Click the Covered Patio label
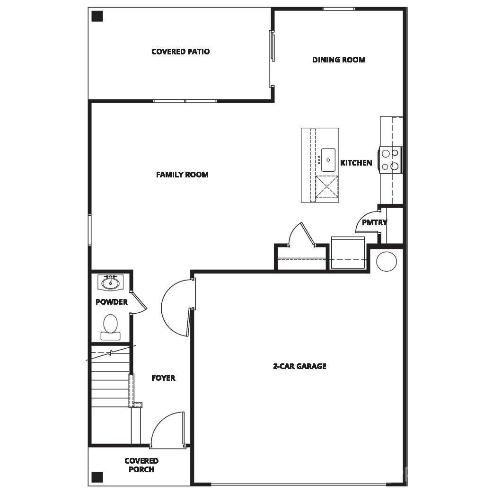point(180,52)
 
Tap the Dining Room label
point(339,60)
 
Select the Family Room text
point(182,175)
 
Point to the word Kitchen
point(356,163)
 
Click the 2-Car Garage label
point(299,366)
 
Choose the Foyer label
point(163,378)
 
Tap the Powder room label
point(112,302)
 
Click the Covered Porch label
point(141,465)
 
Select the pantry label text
point(374,222)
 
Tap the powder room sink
point(111,283)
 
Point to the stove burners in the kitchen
point(391,160)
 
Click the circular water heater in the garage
point(387,261)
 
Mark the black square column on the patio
point(97,17)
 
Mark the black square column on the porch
point(97,476)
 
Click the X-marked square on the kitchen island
point(327,186)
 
